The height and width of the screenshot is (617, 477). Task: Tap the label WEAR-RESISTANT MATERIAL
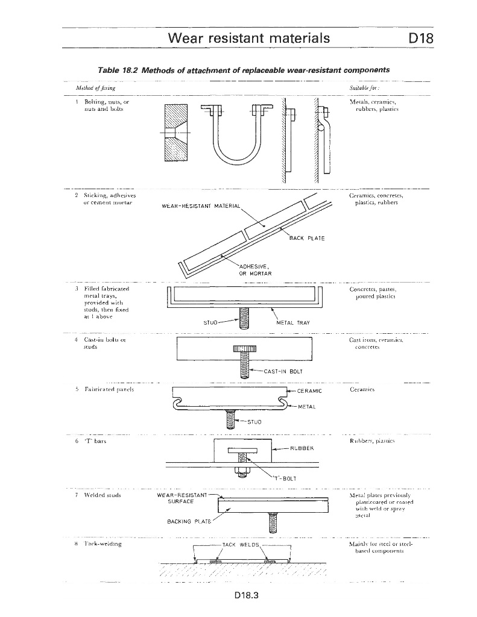[x=201, y=207]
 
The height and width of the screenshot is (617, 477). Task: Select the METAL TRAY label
[x=292, y=322]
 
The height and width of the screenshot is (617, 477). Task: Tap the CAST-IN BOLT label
[x=283, y=372]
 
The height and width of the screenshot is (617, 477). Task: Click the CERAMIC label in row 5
[x=309, y=392]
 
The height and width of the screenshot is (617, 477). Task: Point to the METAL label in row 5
[x=307, y=407]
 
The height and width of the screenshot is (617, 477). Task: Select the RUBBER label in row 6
[x=302, y=448]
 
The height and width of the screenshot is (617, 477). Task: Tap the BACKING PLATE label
[x=184, y=521]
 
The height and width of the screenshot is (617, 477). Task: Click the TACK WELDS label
[x=241, y=545]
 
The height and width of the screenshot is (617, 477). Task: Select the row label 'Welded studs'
[x=103, y=495]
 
